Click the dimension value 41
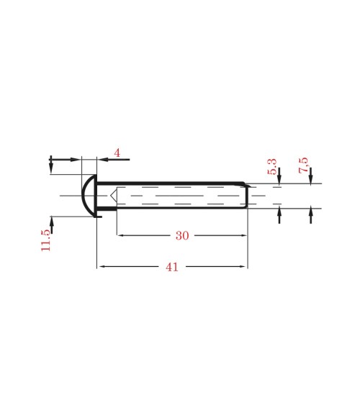[x=172, y=267]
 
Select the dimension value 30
[x=182, y=236]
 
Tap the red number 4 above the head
[x=117, y=153]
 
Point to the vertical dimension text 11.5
[x=46, y=240]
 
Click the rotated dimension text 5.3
[x=271, y=167]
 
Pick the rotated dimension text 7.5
[x=303, y=165]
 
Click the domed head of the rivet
[x=88, y=195]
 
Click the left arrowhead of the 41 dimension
[x=101, y=267]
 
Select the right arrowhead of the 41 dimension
[x=243, y=267]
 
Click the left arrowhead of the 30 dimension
[x=121, y=236]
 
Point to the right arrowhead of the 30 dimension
[x=243, y=236]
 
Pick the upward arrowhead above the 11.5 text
[x=51, y=220]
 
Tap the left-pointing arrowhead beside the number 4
[x=102, y=159]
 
